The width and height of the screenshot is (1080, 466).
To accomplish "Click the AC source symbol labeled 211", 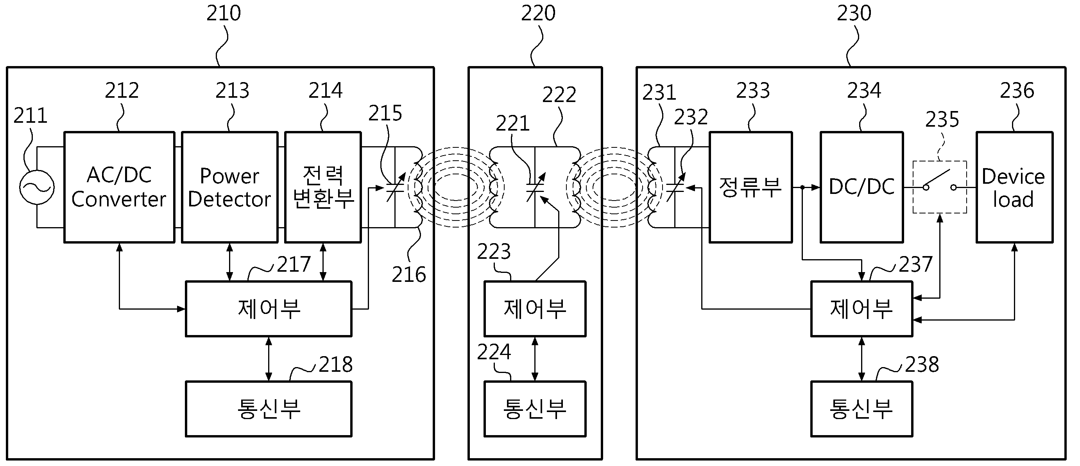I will tap(37, 187).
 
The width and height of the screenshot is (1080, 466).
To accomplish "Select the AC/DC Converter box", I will tap(119, 187).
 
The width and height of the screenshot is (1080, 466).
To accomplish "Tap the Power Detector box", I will tap(229, 187).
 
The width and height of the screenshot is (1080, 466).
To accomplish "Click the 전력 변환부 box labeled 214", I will tap(323, 187).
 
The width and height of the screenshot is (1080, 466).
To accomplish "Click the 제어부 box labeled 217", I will tap(268, 309).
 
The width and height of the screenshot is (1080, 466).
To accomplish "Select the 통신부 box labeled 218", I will tap(268, 409).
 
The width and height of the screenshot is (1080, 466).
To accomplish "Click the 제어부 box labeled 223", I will tap(535, 309).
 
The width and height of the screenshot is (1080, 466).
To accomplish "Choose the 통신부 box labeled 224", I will tap(535, 409).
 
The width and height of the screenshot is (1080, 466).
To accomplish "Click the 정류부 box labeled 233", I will tap(750, 187).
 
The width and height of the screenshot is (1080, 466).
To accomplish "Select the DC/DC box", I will tap(861, 187).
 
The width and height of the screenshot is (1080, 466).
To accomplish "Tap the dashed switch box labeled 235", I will tap(940, 187).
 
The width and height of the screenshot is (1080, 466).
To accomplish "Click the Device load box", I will tap(1014, 187).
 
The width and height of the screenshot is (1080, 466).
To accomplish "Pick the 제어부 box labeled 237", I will tap(861, 309).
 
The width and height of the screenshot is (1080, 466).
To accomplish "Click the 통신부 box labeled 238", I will tap(861, 409).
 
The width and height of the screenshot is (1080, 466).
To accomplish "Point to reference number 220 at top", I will tap(538, 13).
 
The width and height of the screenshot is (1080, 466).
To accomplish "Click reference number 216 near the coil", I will tap(409, 275).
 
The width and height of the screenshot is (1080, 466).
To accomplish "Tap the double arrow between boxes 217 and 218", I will tap(269, 359).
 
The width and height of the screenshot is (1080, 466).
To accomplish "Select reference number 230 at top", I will tap(854, 13).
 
